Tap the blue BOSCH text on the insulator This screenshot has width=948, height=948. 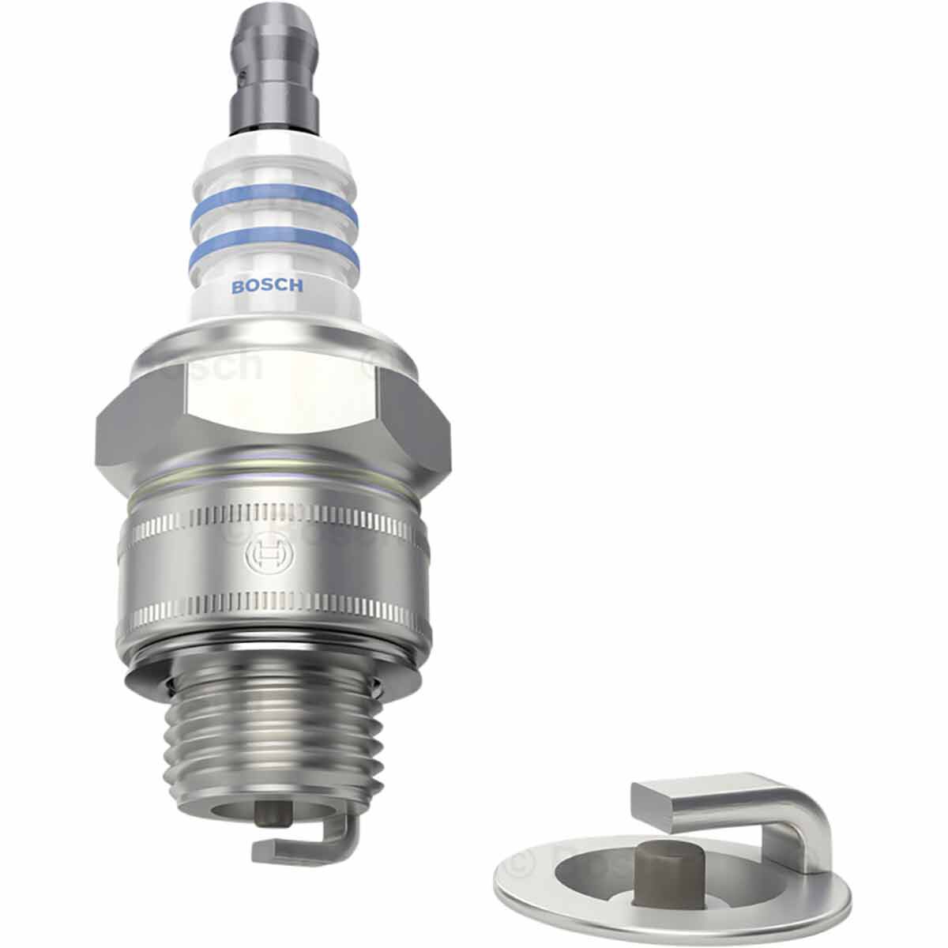pos(266,287)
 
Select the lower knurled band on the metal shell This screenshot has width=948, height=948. pos(273,612)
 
